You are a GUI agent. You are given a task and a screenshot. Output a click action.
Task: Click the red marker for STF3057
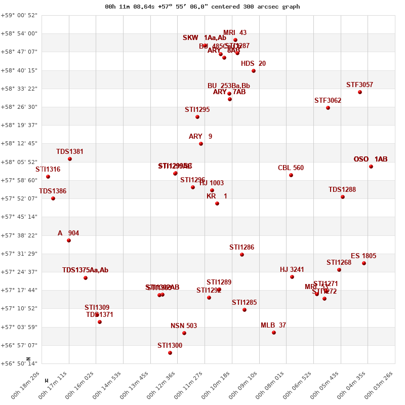click(360, 92)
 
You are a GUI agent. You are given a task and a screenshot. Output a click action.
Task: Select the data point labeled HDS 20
click(254, 71)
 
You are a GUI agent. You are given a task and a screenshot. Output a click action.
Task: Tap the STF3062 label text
click(328, 100)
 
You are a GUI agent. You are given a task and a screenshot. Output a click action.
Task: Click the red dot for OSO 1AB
click(371, 167)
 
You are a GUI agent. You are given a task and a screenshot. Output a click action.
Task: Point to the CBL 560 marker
click(291, 175)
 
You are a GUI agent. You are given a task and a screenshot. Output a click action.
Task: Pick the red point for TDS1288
click(343, 197)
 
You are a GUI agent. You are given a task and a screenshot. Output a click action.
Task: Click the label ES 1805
click(363, 256)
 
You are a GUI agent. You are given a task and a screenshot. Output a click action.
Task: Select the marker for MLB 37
click(274, 333)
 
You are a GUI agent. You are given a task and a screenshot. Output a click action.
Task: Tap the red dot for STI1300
click(170, 353)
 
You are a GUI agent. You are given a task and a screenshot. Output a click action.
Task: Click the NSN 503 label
click(184, 326)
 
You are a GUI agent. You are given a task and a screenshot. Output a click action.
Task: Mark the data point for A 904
click(69, 240)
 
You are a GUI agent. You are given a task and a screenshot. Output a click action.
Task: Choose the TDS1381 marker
click(70, 159)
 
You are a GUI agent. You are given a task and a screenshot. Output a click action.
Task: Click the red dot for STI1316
click(48, 177)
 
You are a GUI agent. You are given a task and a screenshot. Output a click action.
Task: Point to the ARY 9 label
click(200, 137)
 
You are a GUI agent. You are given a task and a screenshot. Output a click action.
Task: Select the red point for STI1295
click(197, 117)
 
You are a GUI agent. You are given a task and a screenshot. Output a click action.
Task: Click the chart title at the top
click(202, 7)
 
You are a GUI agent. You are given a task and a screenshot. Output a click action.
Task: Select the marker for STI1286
click(242, 255)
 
